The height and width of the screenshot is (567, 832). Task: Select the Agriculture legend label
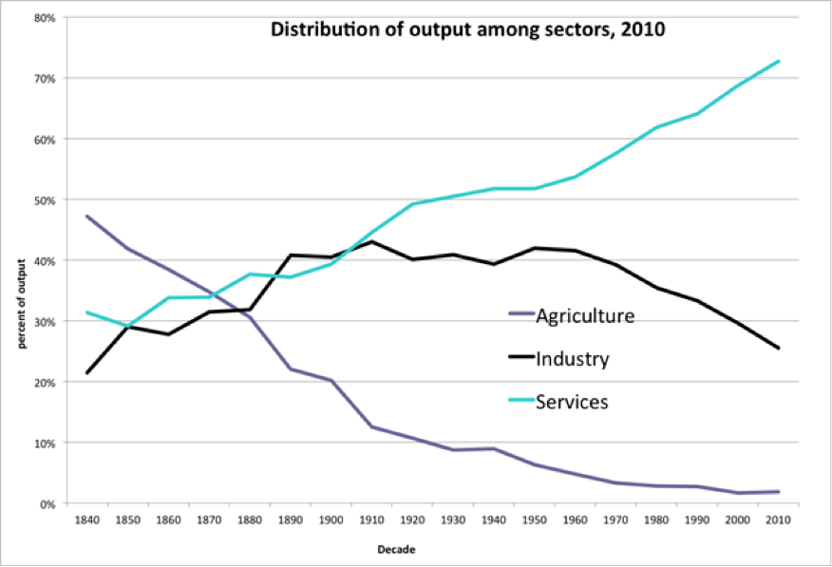coord(583,315)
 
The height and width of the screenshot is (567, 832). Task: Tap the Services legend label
coord(571,402)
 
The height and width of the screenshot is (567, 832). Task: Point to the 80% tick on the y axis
coord(44,17)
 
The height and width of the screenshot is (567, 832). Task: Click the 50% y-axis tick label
coord(44,199)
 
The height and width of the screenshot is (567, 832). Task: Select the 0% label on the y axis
coord(47,503)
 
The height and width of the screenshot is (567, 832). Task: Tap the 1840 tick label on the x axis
coord(87,520)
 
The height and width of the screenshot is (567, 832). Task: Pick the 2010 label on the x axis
coord(778,520)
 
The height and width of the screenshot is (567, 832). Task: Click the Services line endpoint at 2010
coord(779,62)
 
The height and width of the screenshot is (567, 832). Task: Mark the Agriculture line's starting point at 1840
coord(87,217)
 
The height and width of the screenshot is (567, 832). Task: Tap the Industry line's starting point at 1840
coord(87,372)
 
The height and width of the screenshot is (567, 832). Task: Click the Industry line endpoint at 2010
coord(779,348)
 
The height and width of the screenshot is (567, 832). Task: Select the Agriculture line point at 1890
coord(291,369)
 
